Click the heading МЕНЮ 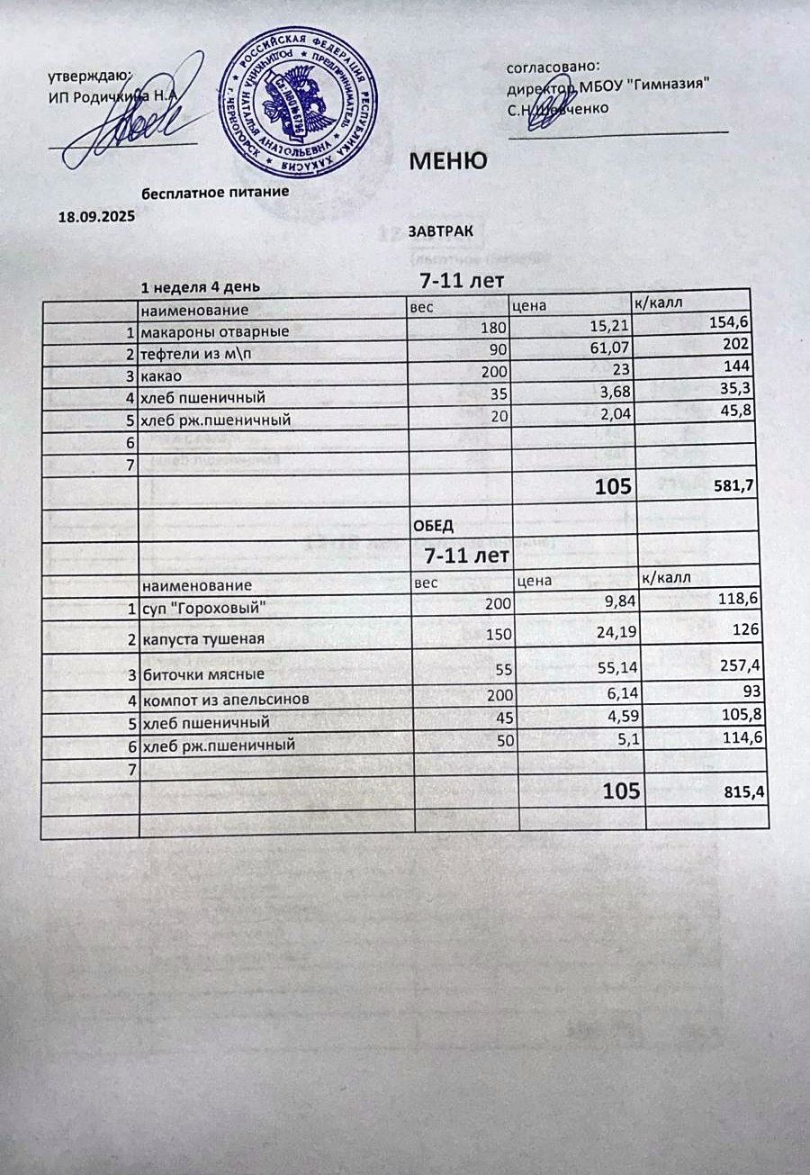point(448,161)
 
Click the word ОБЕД point(432,525)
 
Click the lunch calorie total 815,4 point(745,792)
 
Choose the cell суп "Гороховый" point(203,609)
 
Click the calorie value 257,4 point(742,664)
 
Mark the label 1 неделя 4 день point(200,287)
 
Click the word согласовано point(553,66)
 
